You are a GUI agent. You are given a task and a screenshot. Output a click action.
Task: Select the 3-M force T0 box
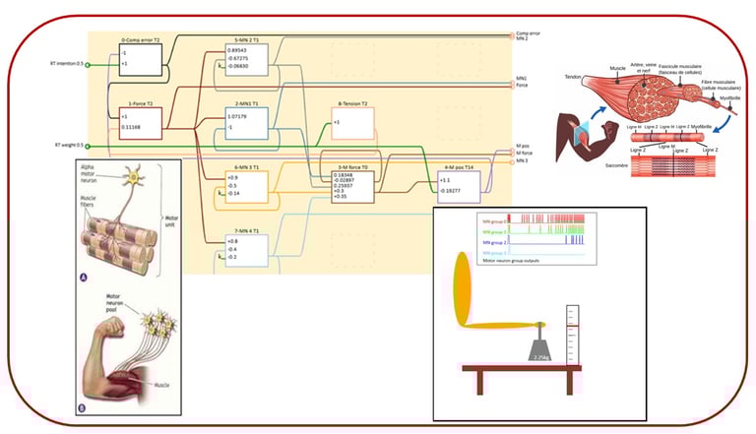click(x=352, y=182)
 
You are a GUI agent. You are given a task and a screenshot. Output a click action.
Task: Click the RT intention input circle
click(x=90, y=66)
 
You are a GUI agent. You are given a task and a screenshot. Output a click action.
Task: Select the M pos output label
click(x=524, y=146)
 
